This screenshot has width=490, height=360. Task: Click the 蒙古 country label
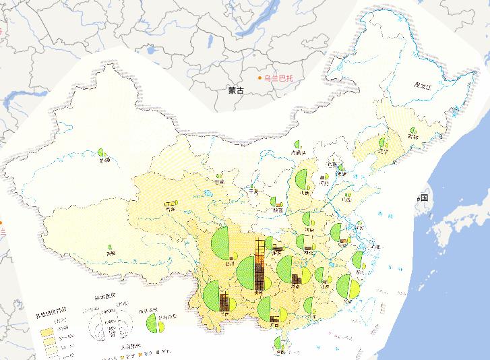click(236, 89)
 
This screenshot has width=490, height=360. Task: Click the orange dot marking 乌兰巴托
click(260, 78)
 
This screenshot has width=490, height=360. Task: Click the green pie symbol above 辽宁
click(384, 143)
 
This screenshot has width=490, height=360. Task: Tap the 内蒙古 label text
click(299, 153)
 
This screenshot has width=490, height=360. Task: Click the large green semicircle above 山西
click(301, 180)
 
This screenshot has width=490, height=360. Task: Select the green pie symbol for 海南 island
click(280, 342)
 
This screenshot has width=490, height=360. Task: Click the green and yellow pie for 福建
click(351, 289)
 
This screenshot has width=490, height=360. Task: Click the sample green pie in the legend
click(160, 326)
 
